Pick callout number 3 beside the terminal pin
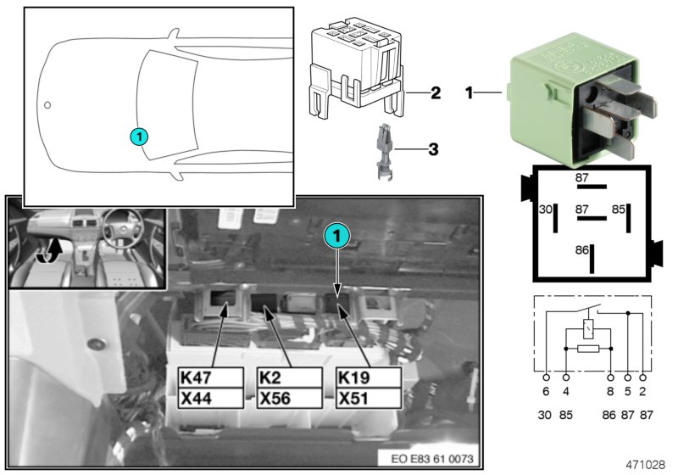point(432,150)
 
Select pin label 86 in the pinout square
point(581,252)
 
